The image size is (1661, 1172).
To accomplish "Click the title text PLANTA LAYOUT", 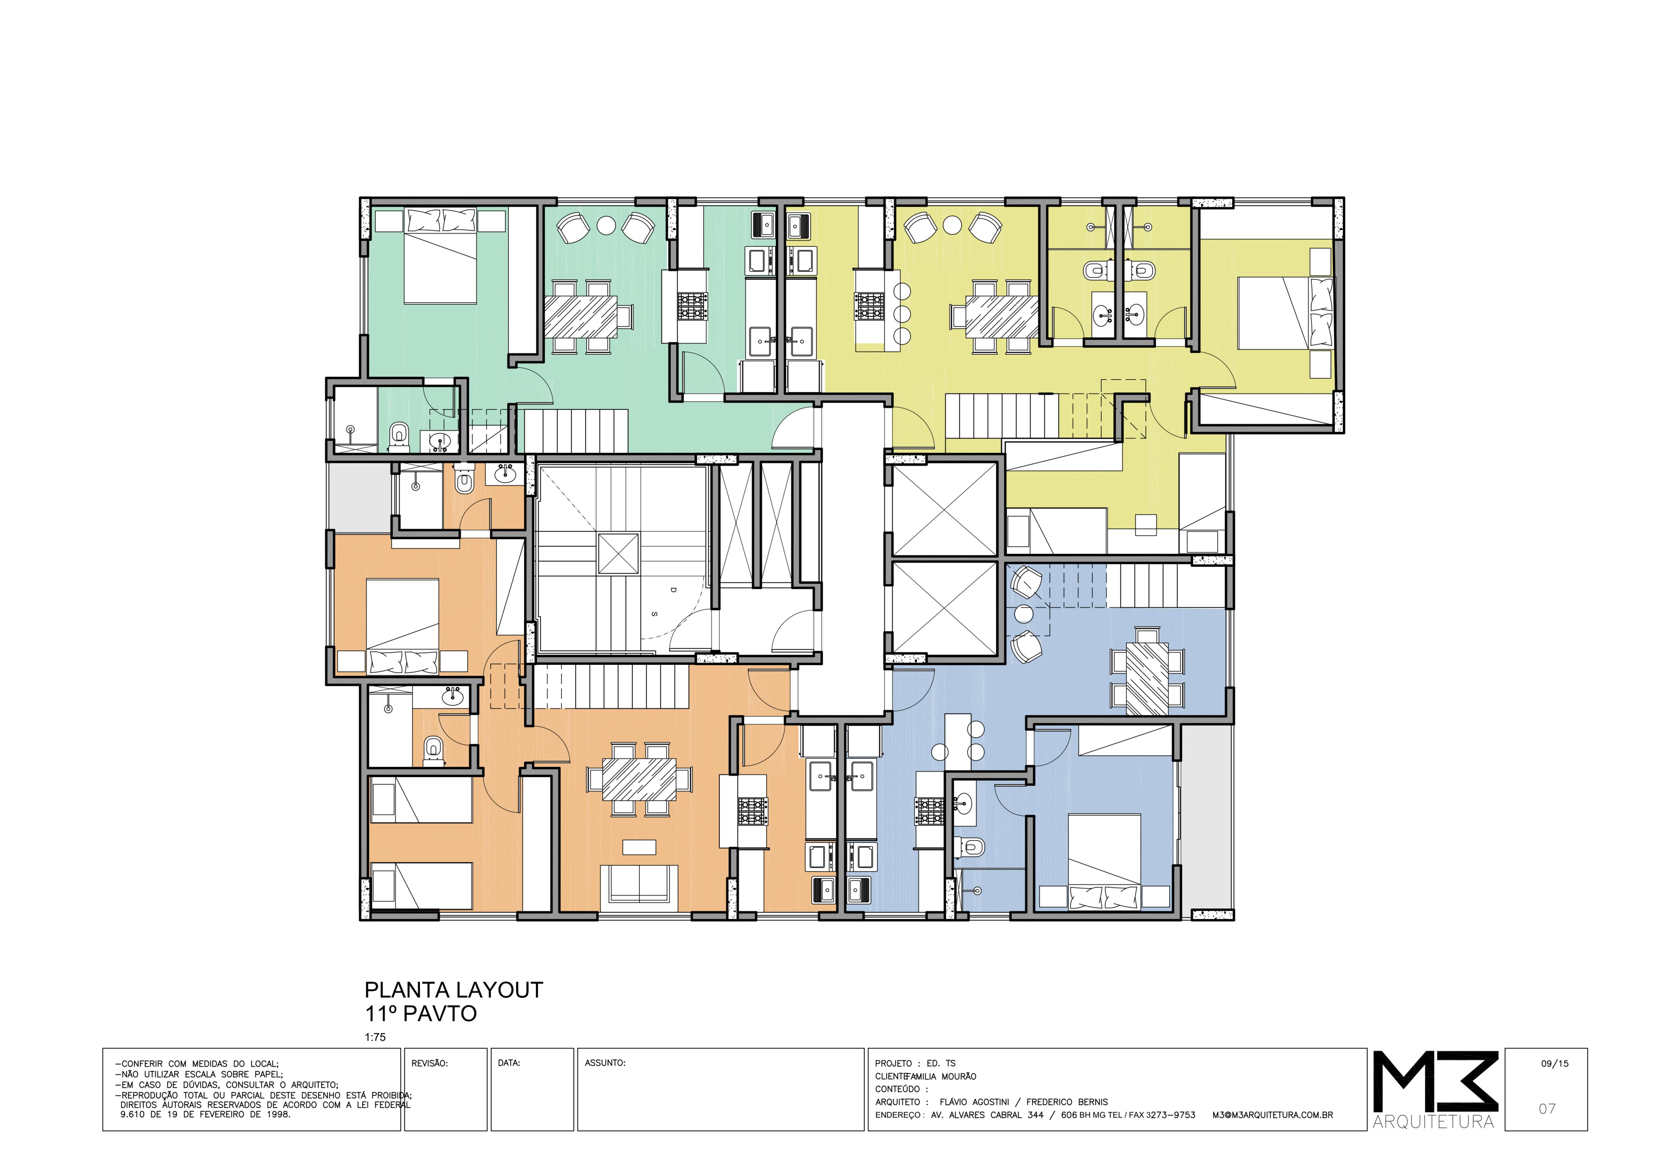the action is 454,991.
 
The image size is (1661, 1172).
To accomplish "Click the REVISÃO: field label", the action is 430,1063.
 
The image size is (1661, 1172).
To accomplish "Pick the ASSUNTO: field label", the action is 605,1063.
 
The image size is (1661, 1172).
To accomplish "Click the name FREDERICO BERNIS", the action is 1067,1102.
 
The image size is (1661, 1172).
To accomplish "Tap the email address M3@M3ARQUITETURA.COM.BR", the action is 1272,1115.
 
